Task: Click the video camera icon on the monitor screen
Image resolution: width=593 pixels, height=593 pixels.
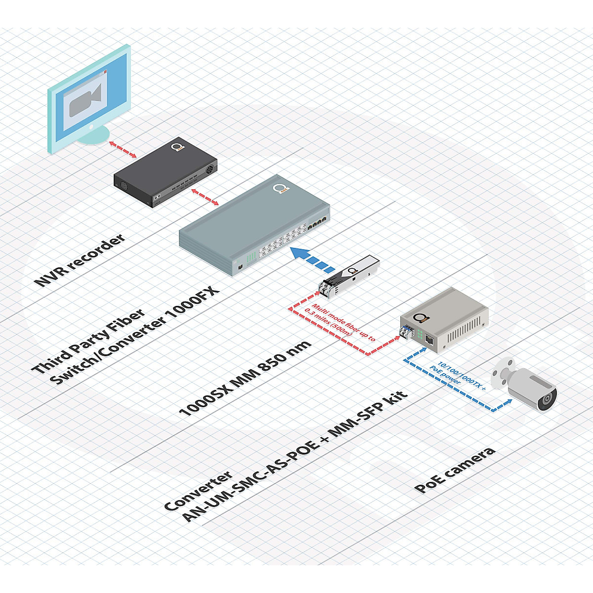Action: click(x=86, y=98)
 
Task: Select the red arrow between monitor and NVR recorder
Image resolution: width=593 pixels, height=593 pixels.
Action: click(x=123, y=149)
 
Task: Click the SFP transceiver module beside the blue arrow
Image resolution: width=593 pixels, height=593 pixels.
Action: click(x=349, y=274)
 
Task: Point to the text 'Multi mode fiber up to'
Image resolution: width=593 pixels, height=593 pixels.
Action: click(x=341, y=322)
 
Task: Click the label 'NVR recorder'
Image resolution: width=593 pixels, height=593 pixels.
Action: click(x=79, y=260)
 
